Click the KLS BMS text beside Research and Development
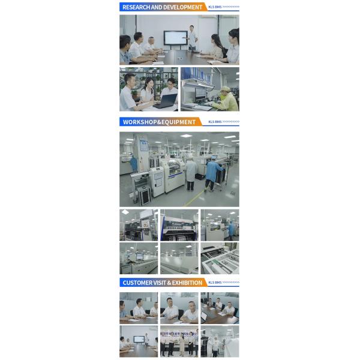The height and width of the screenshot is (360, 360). click(214, 7)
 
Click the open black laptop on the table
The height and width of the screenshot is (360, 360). click(167, 100)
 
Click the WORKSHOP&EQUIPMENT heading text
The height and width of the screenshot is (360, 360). click(159, 122)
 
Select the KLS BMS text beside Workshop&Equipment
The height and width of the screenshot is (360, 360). click(214, 122)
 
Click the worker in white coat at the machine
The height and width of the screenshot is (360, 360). click(191, 169)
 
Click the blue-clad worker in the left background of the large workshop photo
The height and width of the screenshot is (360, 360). click(134, 164)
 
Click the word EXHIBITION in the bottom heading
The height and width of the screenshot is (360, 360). click(188, 283)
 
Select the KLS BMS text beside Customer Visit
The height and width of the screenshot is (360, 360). click(214, 283)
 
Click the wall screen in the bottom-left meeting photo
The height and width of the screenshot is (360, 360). click(139, 339)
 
